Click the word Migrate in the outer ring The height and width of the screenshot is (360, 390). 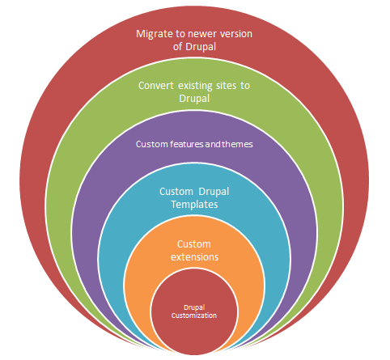(x=155, y=35)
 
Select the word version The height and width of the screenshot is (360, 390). (x=236, y=34)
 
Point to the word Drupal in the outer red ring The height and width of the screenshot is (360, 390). (x=201, y=47)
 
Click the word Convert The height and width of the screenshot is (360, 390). (x=156, y=86)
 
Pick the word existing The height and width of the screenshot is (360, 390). (x=195, y=87)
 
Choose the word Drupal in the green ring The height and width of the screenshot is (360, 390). (x=194, y=99)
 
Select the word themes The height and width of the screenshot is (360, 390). (x=237, y=144)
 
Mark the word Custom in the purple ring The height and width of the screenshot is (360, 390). (x=152, y=144)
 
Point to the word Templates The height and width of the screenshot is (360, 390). (x=194, y=205)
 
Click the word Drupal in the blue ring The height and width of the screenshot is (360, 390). (x=214, y=192)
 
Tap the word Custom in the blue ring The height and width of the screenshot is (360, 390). (x=176, y=192)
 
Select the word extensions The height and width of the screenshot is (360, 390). (x=194, y=257)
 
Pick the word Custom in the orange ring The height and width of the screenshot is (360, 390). (x=194, y=244)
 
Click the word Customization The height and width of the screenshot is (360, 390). (x=194, y=316)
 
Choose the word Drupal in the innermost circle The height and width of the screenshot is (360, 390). (x=194, y=307)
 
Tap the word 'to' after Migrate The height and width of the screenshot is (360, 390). (x=180, y=34)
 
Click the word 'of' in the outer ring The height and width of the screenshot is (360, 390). (x=177, y=46)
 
